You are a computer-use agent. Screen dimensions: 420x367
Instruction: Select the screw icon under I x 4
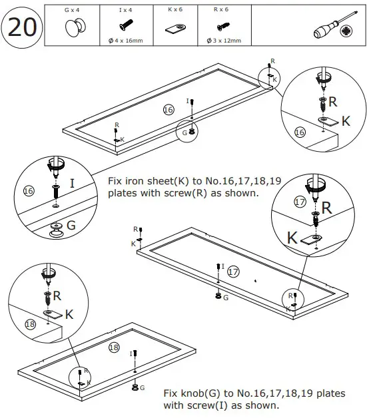(x=125, y=25)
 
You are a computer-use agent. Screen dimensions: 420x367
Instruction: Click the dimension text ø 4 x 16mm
(x=125, y=41)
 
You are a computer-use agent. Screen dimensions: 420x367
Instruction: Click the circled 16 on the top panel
(x=169, y=108)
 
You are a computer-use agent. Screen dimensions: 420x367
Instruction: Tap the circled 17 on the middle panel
(x=233, y=272)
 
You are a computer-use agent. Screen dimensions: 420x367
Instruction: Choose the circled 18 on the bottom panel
(x=114, y=347)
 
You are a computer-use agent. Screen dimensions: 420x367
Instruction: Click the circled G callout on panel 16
(x=185, y=132)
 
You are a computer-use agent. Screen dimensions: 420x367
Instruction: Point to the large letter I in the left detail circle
(x=71, y=182)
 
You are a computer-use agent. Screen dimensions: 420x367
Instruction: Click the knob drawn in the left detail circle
(x=55, y=230)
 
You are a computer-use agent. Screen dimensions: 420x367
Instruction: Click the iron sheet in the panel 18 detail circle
(x=52, y=314)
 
